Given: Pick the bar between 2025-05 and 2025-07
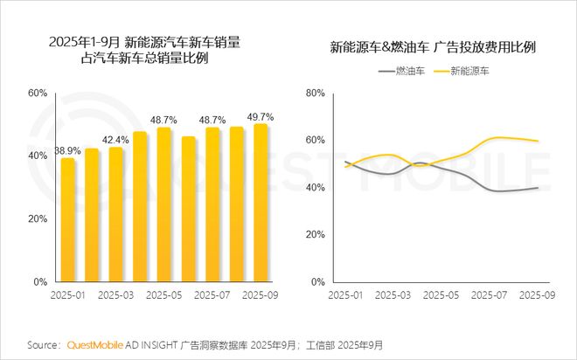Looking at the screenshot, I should [x=188, y=210].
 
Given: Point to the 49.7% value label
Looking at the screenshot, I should [x=261, y=116].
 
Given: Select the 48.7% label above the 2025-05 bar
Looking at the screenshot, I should [x=163, y=120].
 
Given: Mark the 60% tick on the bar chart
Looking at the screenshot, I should [x=37, y=93].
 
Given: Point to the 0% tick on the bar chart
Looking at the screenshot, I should [x=40, y=283].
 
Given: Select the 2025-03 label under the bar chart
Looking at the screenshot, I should [x=116, y=296].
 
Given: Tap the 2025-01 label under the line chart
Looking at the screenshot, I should [x=345, y=296].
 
